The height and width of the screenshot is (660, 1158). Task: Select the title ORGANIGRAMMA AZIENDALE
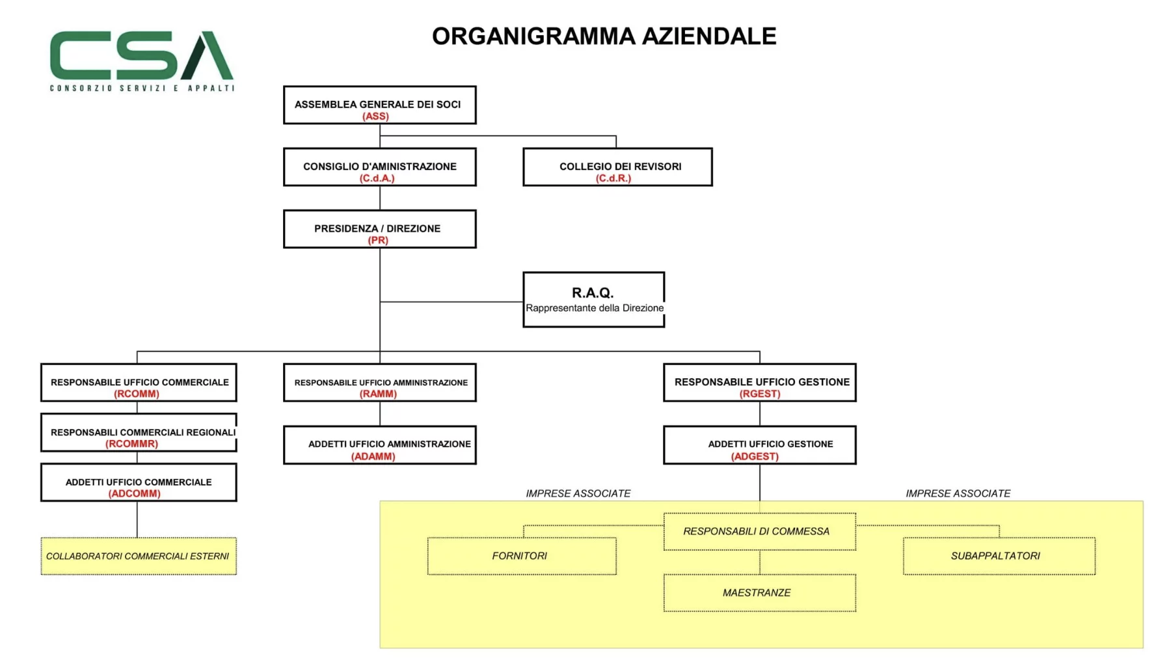coord(604,36)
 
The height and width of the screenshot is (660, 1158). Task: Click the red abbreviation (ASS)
coord(375,117)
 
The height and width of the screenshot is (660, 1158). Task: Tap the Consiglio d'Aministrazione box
coord(380,167)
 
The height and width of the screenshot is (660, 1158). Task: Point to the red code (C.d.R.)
coord(613,178)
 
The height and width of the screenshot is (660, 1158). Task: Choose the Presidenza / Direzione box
coord(380,229)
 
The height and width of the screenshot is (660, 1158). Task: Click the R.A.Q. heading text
coord(593,293)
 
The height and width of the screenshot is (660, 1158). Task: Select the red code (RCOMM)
coord(137,394)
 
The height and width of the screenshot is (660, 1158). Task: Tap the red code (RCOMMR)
coord(131,444)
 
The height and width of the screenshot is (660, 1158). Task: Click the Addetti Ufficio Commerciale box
coord(139,482)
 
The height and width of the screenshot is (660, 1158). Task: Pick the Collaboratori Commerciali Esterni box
coord(139,556)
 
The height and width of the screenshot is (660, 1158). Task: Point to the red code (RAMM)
coord(378,394)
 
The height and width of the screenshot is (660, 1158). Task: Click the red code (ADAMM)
coord(373,456)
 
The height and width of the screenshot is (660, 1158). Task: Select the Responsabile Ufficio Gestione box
coord(760,383)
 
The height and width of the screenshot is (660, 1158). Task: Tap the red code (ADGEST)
coord(755,456)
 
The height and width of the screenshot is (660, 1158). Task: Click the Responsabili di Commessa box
coord(760,532)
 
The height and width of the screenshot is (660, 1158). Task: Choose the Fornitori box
coord(522,556)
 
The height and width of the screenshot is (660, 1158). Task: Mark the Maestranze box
coord(760,593)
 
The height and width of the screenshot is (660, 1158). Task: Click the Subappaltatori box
coord(999,556)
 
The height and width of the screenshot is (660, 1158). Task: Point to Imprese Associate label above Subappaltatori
coord(958,493)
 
